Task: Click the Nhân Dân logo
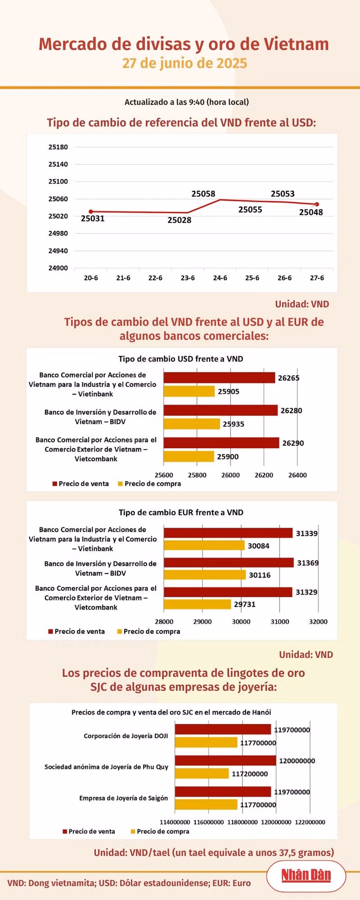(306, 875)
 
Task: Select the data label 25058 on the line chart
(203, 194)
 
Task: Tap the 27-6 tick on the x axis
(317, 278)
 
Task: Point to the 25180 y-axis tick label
(58, 147)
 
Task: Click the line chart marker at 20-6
(91, 211)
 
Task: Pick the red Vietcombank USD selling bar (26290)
(221, 443)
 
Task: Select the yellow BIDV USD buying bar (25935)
(192, 424)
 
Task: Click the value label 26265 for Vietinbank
(288, 378)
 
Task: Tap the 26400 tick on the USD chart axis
(297, 475)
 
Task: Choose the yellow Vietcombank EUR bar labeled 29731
(197, 604)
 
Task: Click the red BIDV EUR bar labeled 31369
(229, 562)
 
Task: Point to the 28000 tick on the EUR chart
(164, 622)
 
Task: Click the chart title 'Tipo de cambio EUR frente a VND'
(181, 513)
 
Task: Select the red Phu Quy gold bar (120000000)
(225, 760)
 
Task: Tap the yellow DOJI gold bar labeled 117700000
(206, 742)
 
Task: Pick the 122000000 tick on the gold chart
(310, 822)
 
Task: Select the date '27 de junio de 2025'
(184, 63)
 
